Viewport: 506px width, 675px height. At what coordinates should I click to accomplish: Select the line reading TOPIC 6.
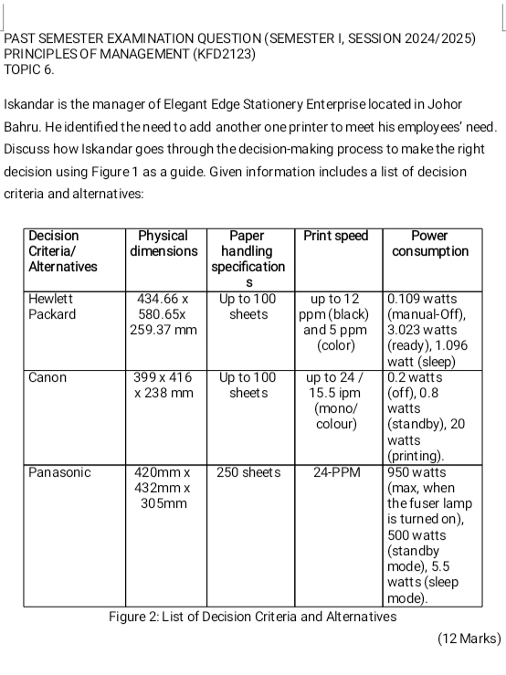click(30, 69)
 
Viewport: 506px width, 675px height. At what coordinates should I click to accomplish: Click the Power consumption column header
click(441, 243)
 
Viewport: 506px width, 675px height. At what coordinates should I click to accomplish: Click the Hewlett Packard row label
click(57, 306)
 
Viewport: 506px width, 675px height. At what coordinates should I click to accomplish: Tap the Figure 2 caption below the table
click(253, 617)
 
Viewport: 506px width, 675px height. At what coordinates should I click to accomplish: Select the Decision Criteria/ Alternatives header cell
click(63, 250)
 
